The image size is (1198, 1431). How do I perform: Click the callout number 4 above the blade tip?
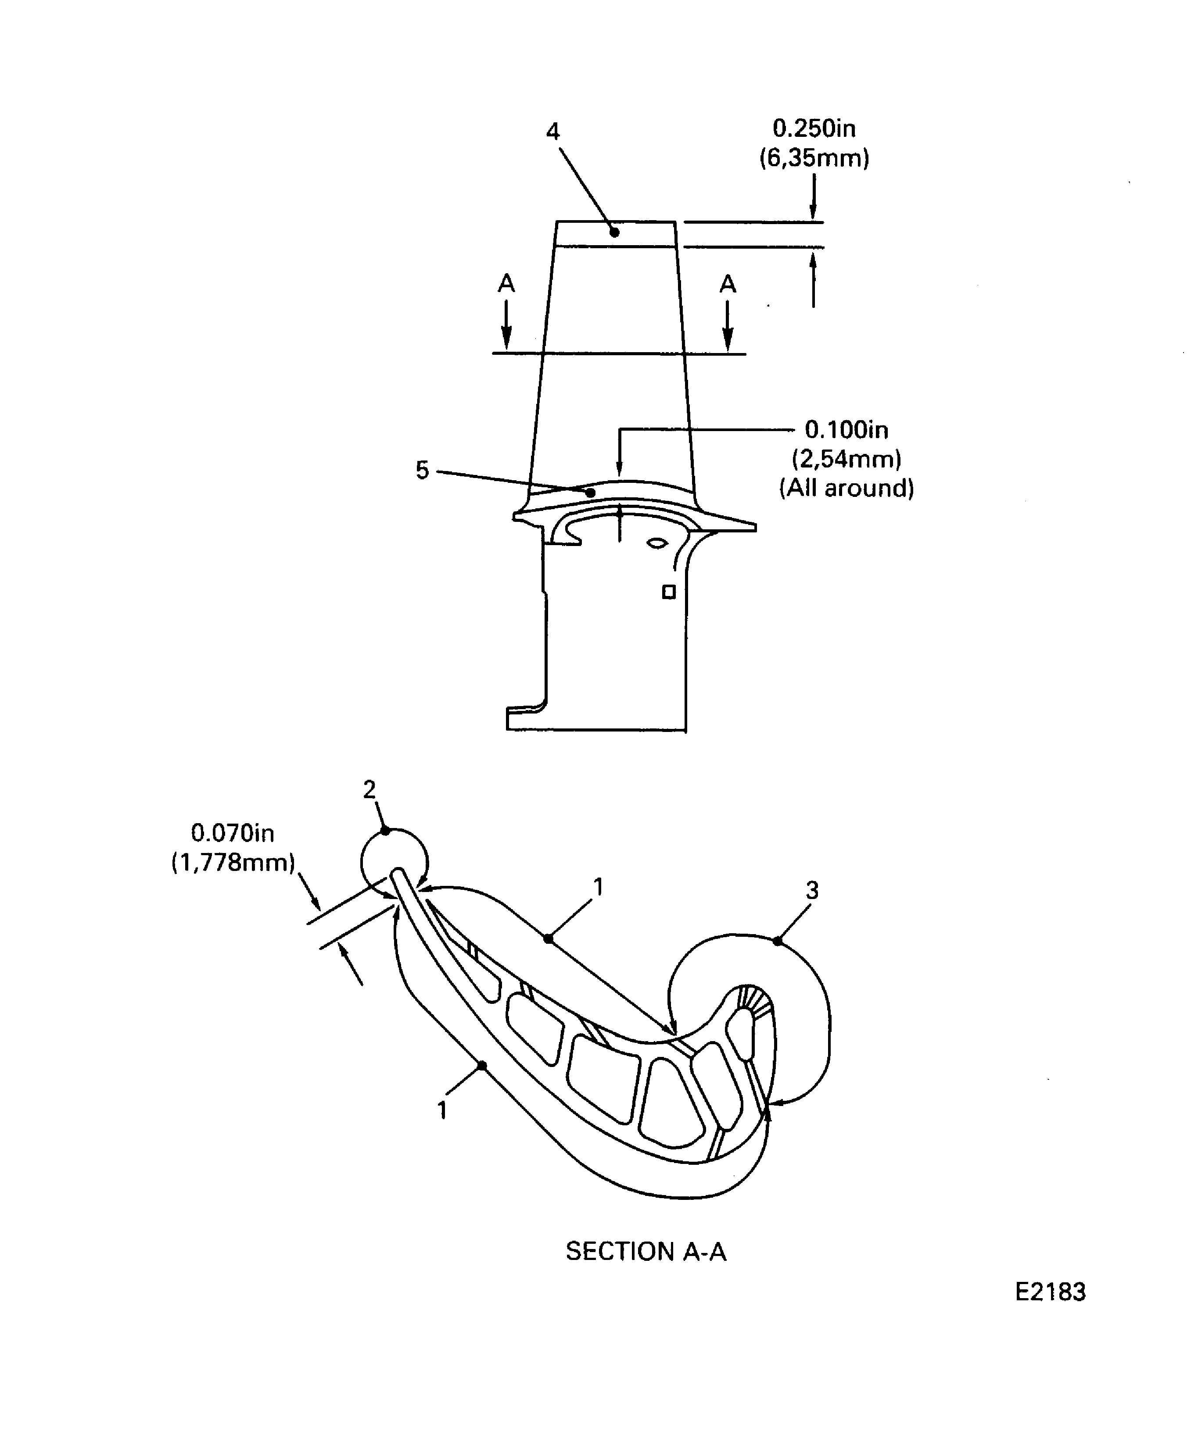(x=552, y=132)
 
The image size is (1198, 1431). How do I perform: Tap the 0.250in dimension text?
(x=814, y=128)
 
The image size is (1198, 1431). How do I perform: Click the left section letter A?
(x=506, y=283)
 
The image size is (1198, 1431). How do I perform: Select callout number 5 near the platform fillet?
(x=422, y=470)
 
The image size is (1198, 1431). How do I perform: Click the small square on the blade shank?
(x=669, y=592)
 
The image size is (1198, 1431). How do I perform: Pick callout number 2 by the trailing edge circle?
(x=369, y=790)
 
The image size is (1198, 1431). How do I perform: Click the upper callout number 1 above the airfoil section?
(x=598, y=887)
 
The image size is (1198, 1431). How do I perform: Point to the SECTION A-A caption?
(x=646, y=1251)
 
